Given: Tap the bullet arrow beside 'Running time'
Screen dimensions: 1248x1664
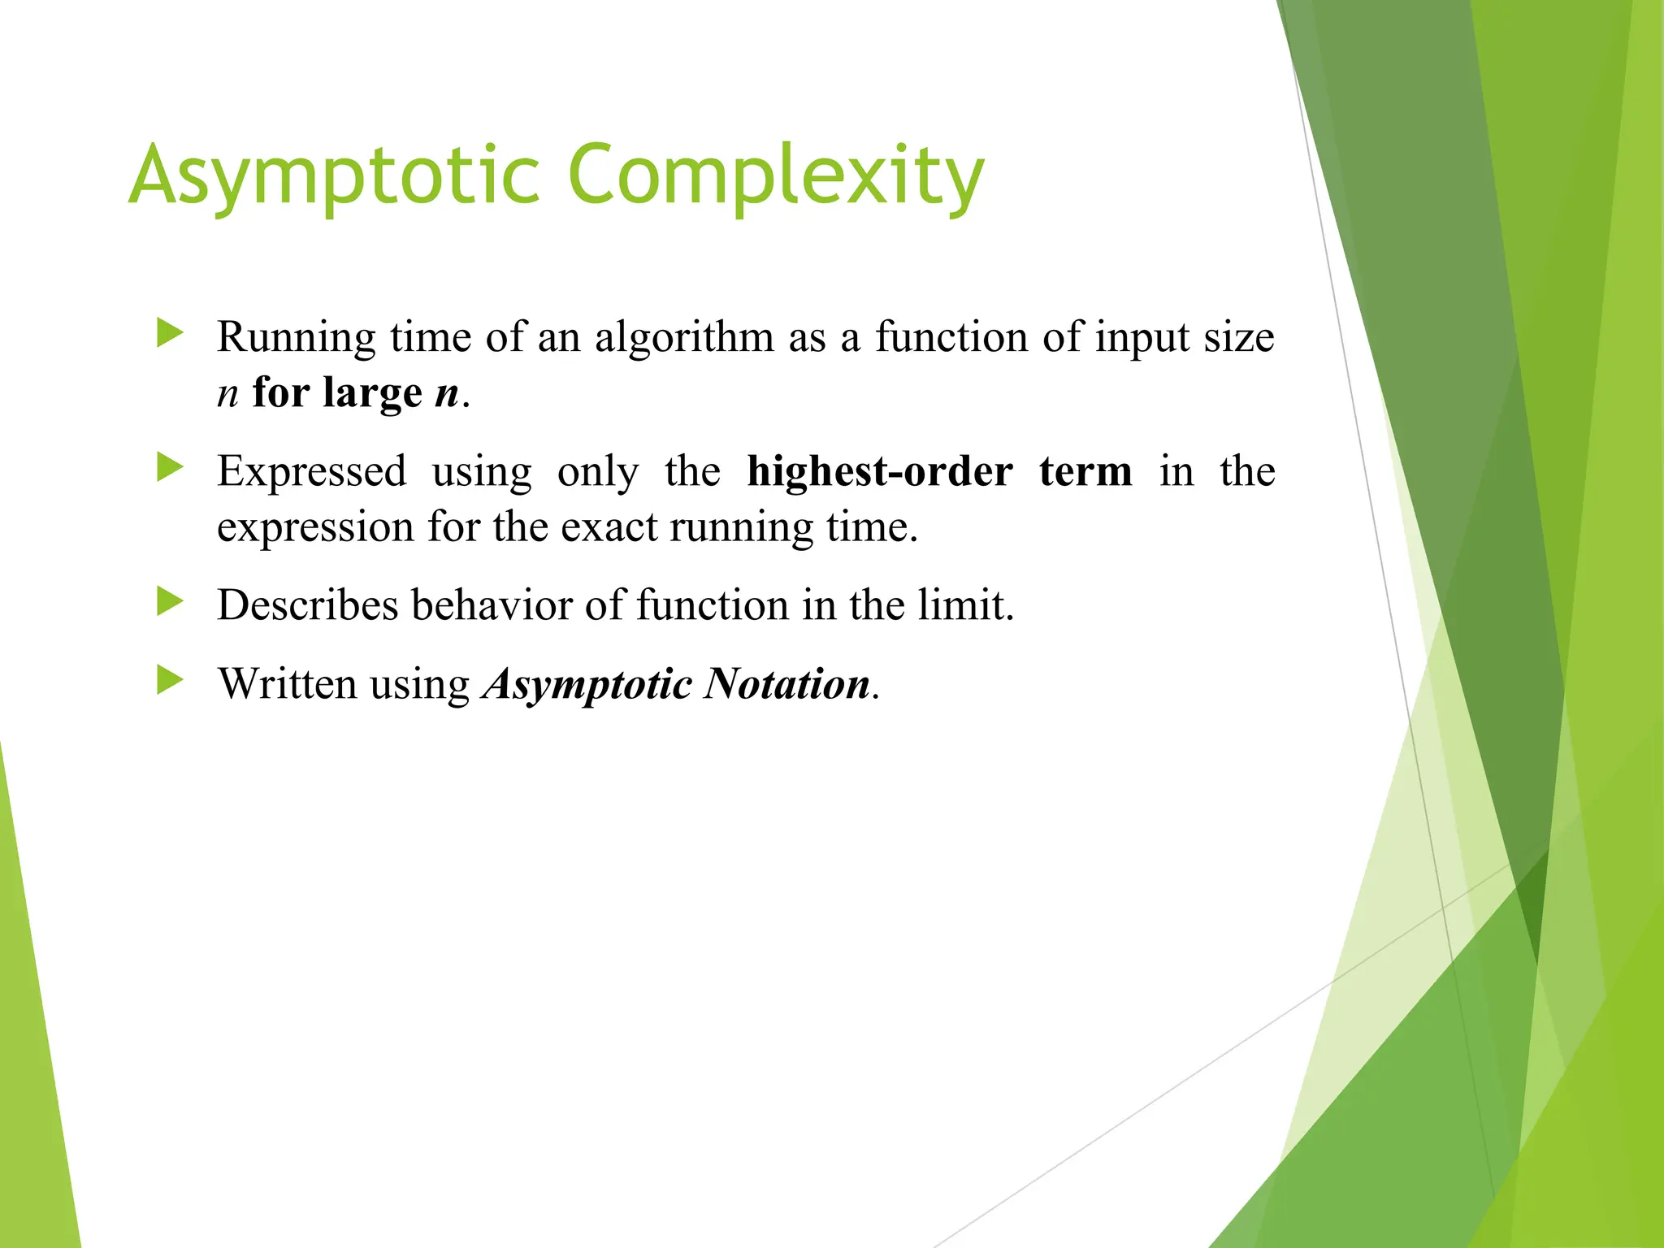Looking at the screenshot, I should (170, 333).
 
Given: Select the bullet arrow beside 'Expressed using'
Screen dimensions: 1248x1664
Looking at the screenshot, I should (170, 467).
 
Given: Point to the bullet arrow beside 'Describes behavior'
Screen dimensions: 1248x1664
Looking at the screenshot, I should (170, 602).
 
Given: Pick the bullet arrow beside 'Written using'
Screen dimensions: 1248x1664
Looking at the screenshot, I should (170, 680).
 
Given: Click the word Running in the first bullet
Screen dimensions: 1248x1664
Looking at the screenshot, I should (297, 338).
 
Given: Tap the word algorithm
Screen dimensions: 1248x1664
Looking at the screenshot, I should (684, 338).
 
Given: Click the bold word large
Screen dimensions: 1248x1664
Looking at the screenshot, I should (372, 393).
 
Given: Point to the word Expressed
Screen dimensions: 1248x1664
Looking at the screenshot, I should (312, 472).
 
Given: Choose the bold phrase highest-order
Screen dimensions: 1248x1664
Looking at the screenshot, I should (880, 472).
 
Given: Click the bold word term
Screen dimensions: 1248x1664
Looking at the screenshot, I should (1085, 472).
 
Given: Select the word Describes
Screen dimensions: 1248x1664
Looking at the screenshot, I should (308, 606).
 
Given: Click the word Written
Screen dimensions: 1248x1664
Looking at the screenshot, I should (288, 684).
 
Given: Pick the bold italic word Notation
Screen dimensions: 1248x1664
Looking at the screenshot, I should (787, 684).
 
